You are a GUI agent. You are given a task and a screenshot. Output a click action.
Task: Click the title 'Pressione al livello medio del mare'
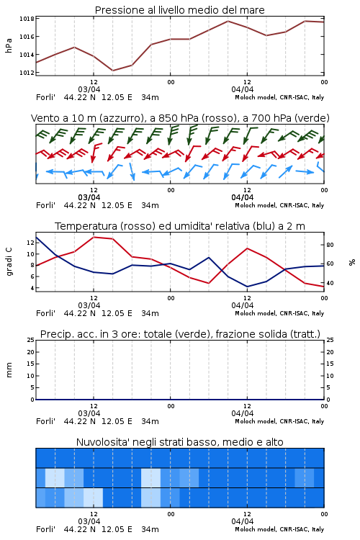(x=179, y=10)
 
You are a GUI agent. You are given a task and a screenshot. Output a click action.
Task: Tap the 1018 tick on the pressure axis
(x=27, y=19)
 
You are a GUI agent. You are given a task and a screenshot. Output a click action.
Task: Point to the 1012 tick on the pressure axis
(x=27, y=73)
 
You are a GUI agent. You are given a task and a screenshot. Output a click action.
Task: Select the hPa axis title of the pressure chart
(x=9, y=45)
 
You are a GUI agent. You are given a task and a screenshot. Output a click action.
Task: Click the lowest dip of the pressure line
(x=112, y=71)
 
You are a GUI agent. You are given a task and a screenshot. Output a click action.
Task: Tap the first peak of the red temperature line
(x=94, y=237)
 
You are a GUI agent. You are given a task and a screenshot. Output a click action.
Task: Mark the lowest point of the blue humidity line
(x=248, y=287)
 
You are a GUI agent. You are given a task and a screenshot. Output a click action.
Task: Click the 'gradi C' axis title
(x=9, y=261)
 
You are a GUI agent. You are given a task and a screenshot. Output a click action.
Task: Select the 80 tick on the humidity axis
(x=330, y=245)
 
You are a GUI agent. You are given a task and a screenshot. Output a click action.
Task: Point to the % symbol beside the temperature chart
(x=352, y=262)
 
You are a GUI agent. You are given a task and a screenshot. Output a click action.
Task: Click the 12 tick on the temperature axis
(x=30, y=243)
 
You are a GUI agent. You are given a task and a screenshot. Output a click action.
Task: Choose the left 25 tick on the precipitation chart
(x=31, y=340)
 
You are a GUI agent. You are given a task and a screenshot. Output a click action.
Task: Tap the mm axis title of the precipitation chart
(x=9, y=370)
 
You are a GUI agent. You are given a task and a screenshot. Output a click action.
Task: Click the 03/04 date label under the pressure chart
(x=89, y=89)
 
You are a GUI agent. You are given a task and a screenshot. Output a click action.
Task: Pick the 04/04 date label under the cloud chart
(x=243, y=521)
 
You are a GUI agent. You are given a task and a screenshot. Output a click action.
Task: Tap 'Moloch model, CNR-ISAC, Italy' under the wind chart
(x=279, y=205)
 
